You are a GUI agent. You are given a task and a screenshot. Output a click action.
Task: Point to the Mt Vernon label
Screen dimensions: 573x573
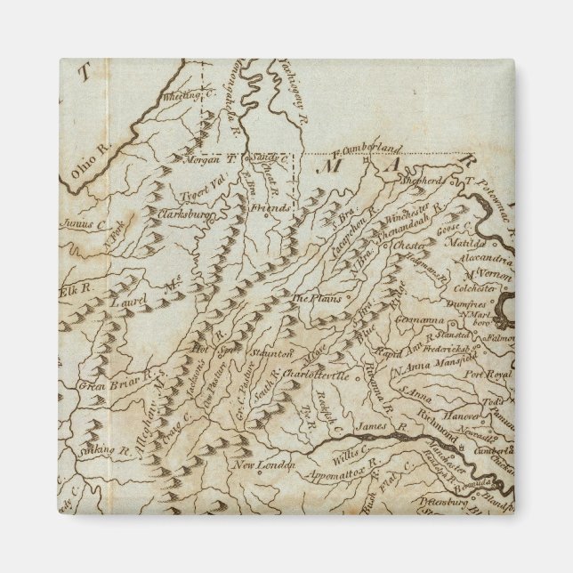490,276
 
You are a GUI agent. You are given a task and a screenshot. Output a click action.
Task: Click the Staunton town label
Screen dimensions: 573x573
266,353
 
